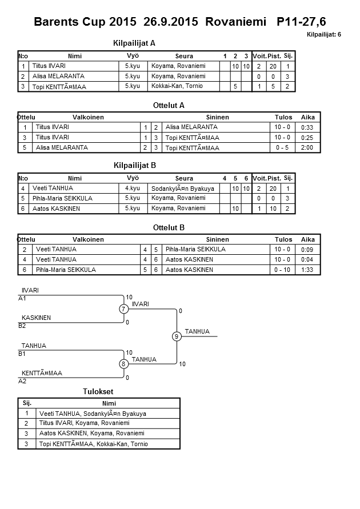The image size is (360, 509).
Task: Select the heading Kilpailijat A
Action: point(135,43)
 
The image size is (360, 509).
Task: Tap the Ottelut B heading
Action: point(169,227)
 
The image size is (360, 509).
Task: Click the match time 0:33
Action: point(307,127)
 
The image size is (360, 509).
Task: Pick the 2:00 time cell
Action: point(307,148)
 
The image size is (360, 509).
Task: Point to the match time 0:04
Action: point(307,259)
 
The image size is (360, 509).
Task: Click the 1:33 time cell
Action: point(307,270)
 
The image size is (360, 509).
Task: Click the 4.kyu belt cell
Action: point(133,188)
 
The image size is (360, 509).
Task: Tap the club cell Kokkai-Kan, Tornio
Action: point(177,86)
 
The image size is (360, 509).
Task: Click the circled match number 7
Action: point(123,309)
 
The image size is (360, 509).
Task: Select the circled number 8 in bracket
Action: point(123,364)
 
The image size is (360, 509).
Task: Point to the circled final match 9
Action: point(177,336)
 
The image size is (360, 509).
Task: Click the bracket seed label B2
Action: point(22,326)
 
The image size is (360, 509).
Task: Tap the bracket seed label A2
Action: point(22,381)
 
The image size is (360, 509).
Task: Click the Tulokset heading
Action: point(98,391)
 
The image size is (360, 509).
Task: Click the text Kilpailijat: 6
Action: point(324,35)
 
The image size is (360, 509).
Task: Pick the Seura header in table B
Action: point(184,178)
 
